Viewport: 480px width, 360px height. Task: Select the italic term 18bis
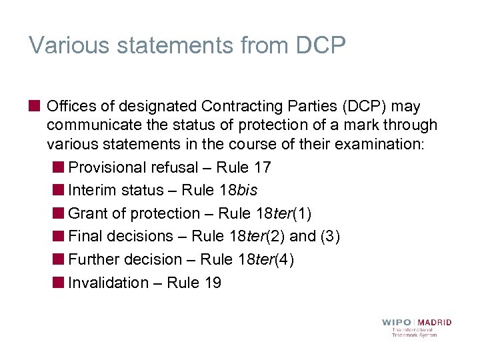pos(238,190)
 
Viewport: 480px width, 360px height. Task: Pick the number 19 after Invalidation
pos(213,283)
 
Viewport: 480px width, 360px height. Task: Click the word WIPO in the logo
pos(397,323)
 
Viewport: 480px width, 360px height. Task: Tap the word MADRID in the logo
pos(435,323)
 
